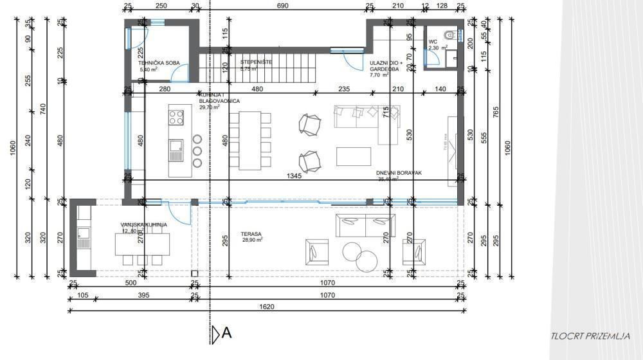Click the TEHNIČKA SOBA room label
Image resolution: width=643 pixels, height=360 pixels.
click(x=159, y=63)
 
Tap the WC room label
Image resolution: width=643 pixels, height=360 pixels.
click(x=433, y=42)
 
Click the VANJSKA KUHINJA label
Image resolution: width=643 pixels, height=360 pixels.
click(x=144, y=224)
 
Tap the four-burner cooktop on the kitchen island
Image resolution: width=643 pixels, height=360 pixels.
click(x=176, y=118)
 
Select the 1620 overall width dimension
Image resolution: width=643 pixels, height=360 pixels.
click(x=267, y=307)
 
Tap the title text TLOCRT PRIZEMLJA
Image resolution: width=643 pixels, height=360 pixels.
click(x=590, y=336)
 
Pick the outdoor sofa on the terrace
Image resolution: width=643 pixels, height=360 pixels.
click(x=367, y=226)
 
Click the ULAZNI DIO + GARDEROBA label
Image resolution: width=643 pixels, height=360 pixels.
click(x=386, y=66)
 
